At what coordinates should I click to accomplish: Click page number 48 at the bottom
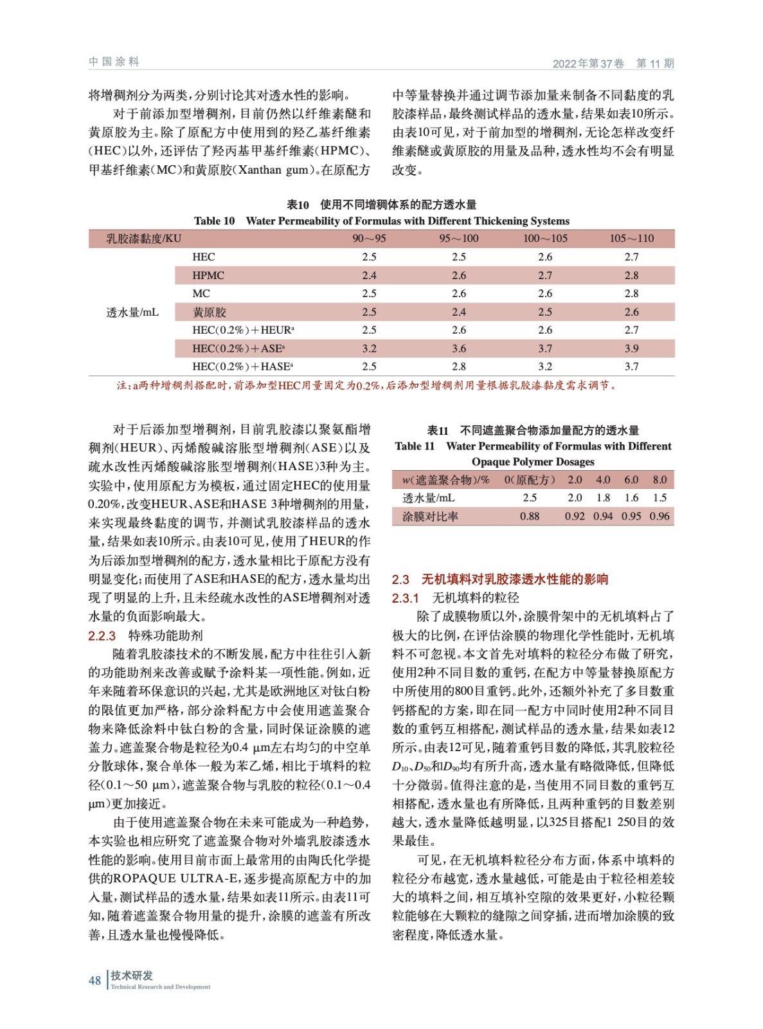[94, 980]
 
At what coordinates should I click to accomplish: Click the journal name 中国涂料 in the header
[114, 62]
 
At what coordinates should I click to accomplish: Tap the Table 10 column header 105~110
[631, 239]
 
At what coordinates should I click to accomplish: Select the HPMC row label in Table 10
[208, 275]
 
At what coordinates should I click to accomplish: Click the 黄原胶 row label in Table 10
[210, 312]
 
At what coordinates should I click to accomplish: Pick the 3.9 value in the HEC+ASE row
[631, 349]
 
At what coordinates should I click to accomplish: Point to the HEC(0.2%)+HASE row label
[242, 367]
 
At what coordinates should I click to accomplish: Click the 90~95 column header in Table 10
[369, 239]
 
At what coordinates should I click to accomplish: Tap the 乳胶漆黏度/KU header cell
[144, 239]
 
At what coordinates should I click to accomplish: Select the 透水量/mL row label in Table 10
[132, 312]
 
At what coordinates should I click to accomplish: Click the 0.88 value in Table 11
[530, 516]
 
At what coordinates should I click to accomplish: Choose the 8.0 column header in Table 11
[660, 480]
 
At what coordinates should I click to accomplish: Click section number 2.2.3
[102, 636]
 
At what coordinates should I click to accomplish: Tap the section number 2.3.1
[405, 598]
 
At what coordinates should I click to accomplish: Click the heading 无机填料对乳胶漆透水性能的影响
[514, 579]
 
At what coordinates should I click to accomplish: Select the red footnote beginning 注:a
[366, 386]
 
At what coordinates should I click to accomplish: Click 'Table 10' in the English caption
[214, 221]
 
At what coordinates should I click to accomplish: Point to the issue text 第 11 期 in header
[654, 63]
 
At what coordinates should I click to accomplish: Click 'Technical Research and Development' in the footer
[160, 987]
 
